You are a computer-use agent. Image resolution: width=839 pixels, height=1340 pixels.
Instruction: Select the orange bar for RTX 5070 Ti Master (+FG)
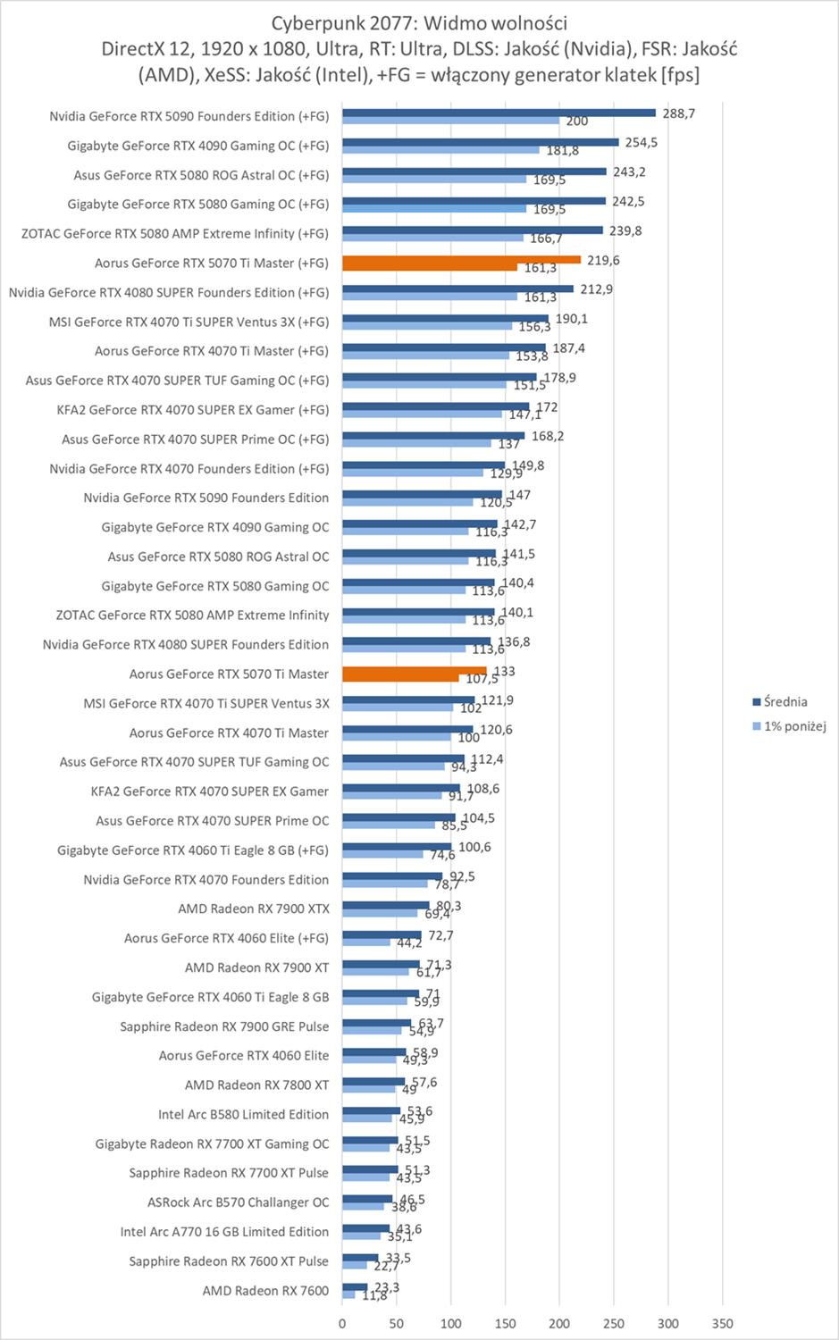[461, 260]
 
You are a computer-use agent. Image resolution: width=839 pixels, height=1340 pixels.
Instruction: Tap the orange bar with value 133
[414, 671]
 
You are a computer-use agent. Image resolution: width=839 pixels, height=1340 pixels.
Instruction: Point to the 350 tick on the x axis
[723, 1324]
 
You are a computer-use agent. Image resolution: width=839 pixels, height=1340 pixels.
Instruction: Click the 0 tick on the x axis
[342, 1324]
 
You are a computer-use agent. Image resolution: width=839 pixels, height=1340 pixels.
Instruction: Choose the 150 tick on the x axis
[505, 1324]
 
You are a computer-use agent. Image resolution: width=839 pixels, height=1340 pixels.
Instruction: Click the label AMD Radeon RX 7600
[265, 1291]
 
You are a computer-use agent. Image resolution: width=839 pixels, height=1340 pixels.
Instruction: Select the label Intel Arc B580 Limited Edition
[243, 1115]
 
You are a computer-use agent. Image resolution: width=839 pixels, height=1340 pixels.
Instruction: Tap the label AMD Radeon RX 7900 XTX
[254, 909]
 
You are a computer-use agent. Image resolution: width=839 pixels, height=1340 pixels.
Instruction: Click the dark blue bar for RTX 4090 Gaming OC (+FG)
[480, 142]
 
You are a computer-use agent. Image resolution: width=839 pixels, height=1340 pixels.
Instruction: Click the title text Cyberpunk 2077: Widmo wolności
[419, 22]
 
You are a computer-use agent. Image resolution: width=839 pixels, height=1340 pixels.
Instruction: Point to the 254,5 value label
[642, 143]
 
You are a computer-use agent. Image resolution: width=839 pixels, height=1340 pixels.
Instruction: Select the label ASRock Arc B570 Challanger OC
[238, 1202]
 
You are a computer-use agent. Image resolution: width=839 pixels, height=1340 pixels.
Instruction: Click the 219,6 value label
[603, 260]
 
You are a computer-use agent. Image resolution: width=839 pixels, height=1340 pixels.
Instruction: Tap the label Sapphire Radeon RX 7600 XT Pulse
[229, 1261]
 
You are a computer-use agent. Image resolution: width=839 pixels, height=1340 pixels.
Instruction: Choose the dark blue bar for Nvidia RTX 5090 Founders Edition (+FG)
[499, 113]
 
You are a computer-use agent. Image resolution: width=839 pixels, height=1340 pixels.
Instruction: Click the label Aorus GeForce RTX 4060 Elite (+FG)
[226, 939]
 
